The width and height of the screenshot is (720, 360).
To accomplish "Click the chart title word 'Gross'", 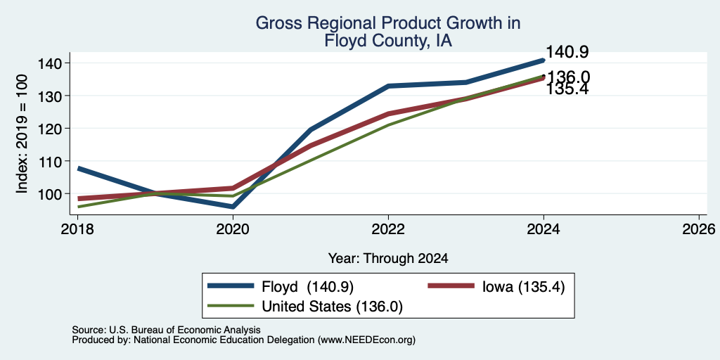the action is point(276,23).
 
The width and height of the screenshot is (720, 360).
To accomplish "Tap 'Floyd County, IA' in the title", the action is point(388,41).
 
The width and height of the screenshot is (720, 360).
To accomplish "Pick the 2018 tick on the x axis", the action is point(77,229).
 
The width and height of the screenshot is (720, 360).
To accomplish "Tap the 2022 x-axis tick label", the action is point(388,229).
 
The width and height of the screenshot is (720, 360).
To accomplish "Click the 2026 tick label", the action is point(699,229).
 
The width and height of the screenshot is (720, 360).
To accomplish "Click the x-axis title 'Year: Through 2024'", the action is point(388,259).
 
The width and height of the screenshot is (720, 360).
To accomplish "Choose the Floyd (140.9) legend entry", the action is point(281,286).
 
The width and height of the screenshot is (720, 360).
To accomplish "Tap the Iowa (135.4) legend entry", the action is point(496,286).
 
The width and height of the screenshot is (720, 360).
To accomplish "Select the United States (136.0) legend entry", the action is point(305,307).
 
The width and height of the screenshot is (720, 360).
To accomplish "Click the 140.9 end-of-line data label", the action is point(567,52).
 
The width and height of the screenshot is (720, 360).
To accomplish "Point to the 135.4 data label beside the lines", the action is point(567,89).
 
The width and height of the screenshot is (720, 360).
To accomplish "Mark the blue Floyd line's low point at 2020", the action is point(233,207).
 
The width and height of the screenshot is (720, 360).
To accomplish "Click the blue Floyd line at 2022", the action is point(388,86).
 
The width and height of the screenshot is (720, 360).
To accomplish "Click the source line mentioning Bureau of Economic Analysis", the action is point(166,330).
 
